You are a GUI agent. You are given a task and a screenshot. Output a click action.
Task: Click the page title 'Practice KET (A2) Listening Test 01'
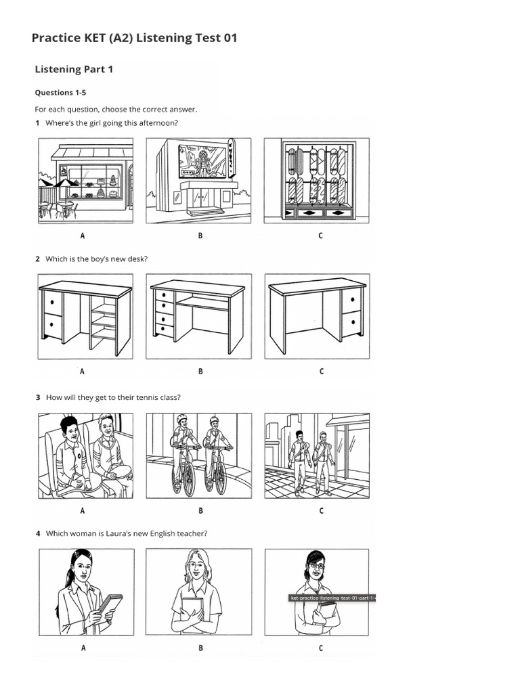click(x=134, y=39)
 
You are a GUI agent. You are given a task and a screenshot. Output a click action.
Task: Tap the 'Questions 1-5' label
click(x=60, y=93)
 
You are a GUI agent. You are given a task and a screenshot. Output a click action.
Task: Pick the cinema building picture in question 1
click(x=198, y=181)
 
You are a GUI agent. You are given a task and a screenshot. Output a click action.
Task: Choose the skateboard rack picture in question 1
click(x=316, y=181)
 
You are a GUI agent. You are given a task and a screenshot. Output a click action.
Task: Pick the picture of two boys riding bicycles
click(x=198, y=455)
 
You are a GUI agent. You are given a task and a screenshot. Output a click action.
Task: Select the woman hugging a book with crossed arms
click(x=198, y=592)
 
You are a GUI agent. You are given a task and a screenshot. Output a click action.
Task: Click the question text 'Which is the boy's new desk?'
click(x=95, y=259)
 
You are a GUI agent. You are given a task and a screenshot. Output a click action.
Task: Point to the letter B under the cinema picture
click(x=200, y=236)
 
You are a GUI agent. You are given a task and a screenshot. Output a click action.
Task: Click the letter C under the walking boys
click(x=321, y=511)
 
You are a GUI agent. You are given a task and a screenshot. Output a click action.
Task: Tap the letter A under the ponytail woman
click(x=83, y=648)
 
